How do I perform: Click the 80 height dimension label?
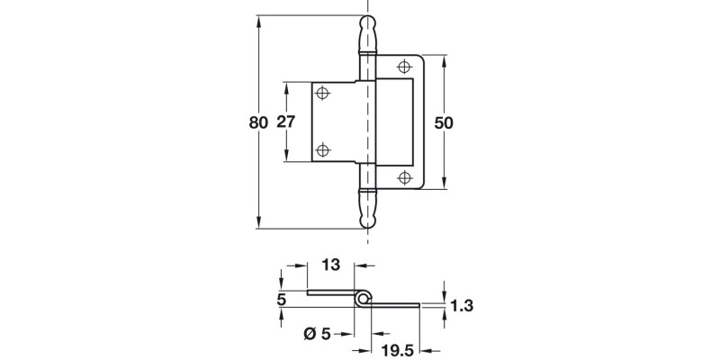click(258, 122)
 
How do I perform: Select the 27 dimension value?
click(285, 122)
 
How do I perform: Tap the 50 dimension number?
click(444, 122)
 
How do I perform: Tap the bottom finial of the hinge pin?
click(367, 212)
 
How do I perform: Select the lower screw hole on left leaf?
click(323, 150)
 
